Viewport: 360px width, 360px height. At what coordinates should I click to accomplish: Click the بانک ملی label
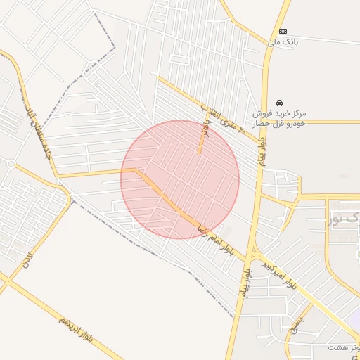click(283, 43)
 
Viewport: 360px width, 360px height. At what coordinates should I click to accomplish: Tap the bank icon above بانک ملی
click(283, 31)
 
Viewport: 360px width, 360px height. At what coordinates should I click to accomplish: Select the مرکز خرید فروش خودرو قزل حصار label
click(281, 118)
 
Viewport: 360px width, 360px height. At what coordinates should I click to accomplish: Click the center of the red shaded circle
click(180, 180)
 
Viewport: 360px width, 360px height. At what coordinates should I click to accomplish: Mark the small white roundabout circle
click(11, 164)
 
